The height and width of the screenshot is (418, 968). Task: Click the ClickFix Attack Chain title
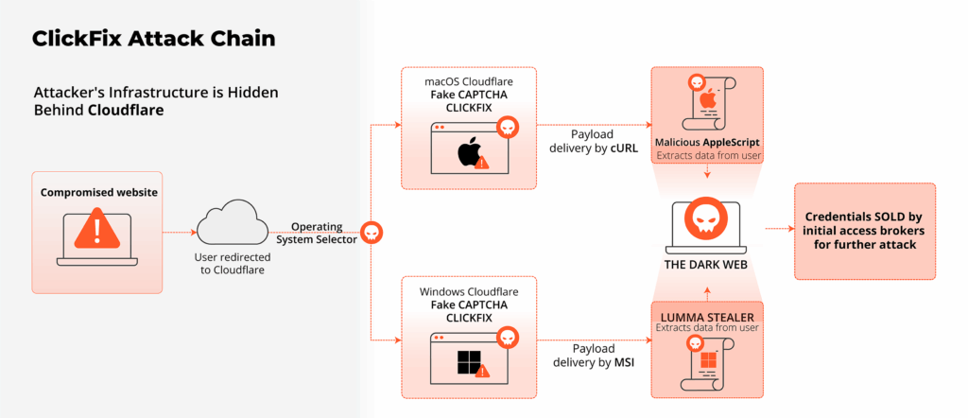click(154, 40)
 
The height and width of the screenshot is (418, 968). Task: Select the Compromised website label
click(98, 193)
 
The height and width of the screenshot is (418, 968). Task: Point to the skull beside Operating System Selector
click(372, 232)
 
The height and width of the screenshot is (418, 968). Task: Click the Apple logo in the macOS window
click(467, 151)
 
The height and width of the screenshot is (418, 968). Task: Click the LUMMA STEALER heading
click(707, 315)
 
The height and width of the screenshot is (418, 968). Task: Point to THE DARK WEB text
click(707, 265)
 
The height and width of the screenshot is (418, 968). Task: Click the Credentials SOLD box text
click(865, 231)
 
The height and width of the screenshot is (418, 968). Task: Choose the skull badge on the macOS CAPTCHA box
click(508, 128)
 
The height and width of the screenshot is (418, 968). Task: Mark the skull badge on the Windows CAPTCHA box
click(508, 338)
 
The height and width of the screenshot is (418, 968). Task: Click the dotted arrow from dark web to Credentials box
click(777, 228)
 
